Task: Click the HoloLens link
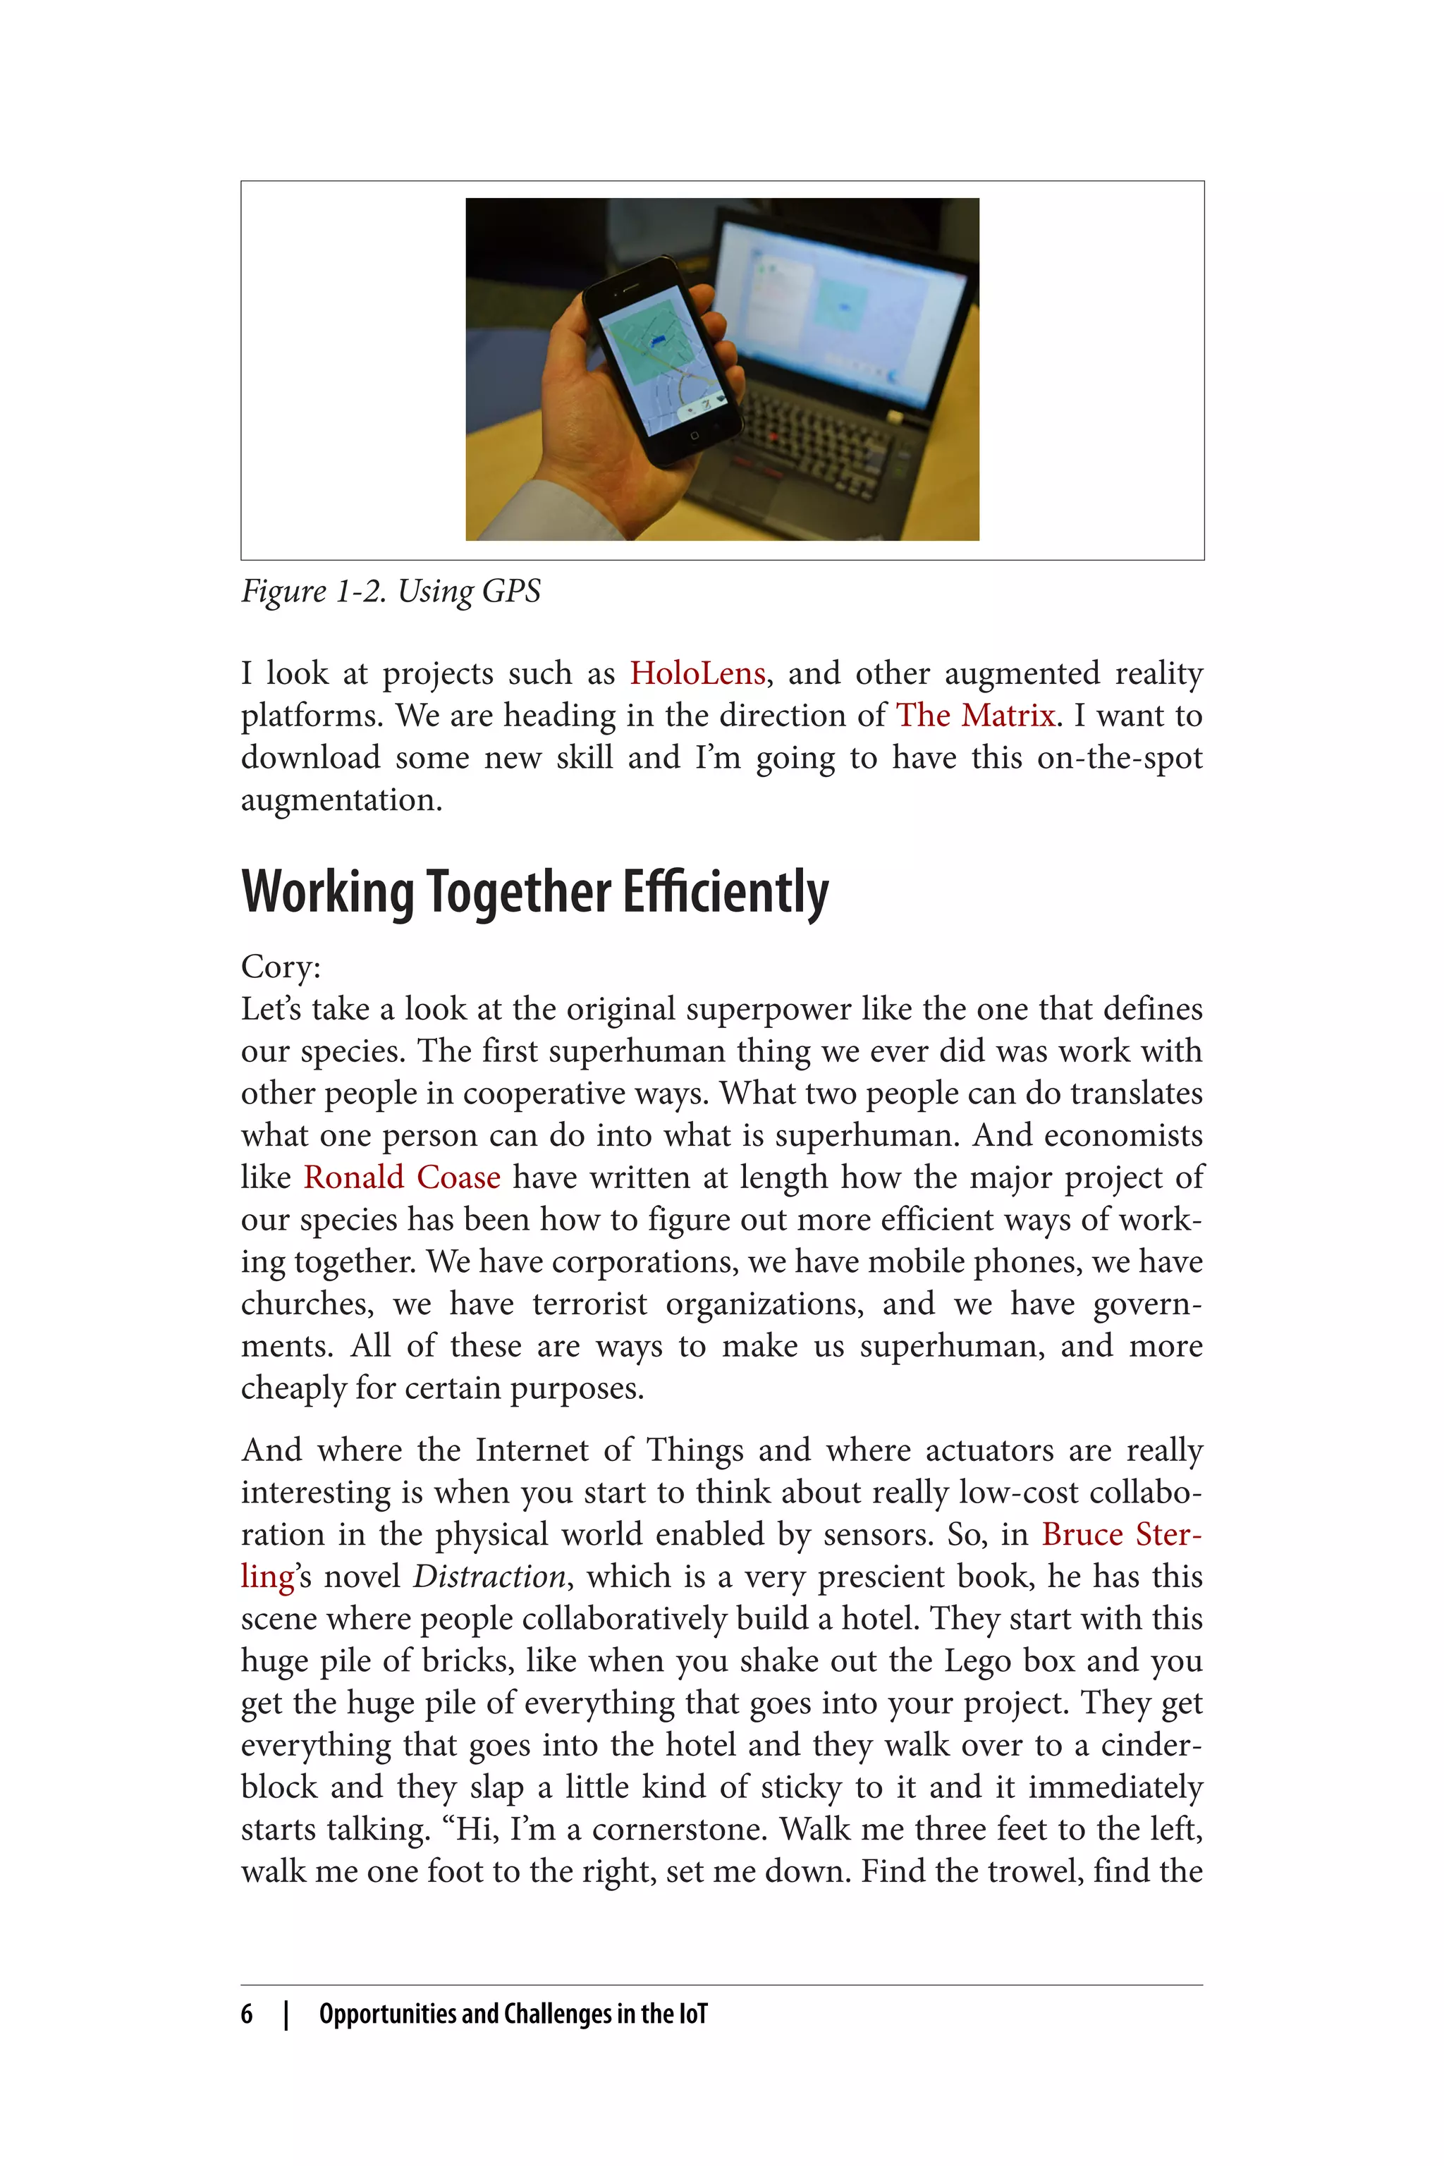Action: (697, 674)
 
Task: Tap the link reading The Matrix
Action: (975, 716)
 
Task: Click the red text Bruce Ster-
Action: (1122, 1535)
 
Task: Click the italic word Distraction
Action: (489, 1577)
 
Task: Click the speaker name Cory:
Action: (281, 967)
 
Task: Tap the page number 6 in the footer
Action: (247, 2014)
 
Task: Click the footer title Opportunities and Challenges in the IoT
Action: (513, 2014)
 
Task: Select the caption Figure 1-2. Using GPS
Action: (391, 592)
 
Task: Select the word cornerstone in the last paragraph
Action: (679, 1830)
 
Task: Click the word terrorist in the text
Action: (589, 1304)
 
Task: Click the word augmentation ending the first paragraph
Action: (341, 800)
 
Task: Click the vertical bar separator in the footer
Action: (286, 2014)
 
